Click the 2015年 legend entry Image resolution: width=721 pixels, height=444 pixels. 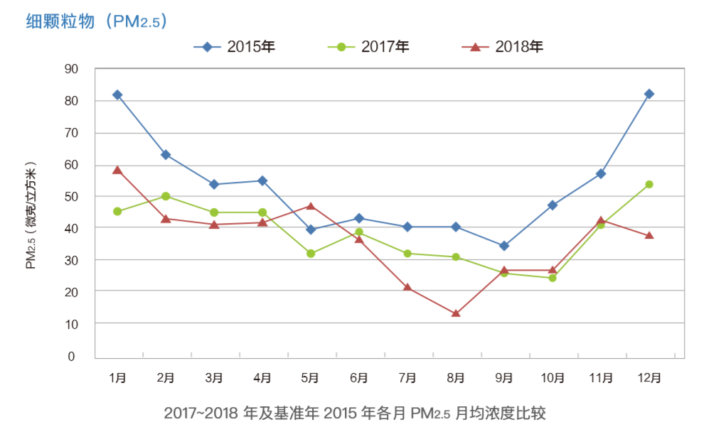pos(234,47)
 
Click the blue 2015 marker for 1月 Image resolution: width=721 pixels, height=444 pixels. pos(117,94)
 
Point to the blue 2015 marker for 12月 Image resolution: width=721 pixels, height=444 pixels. pos(648,94)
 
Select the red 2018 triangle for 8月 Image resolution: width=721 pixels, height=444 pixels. pos(456,313)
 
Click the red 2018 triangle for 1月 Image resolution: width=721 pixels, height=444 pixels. pos(117,170)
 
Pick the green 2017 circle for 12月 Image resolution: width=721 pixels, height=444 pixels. pos(648,184)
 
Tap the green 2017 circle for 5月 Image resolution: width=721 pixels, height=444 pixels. pos(311,253)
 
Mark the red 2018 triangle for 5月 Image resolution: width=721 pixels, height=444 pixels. pos(311,206)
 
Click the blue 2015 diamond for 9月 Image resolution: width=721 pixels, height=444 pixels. pos(504,246)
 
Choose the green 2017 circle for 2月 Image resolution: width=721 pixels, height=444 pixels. pos(166,196)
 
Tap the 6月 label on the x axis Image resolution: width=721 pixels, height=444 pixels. pos(359,378)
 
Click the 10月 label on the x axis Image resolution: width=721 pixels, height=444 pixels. pos(552,378)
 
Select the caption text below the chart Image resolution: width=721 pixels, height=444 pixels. pos(355,413)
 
